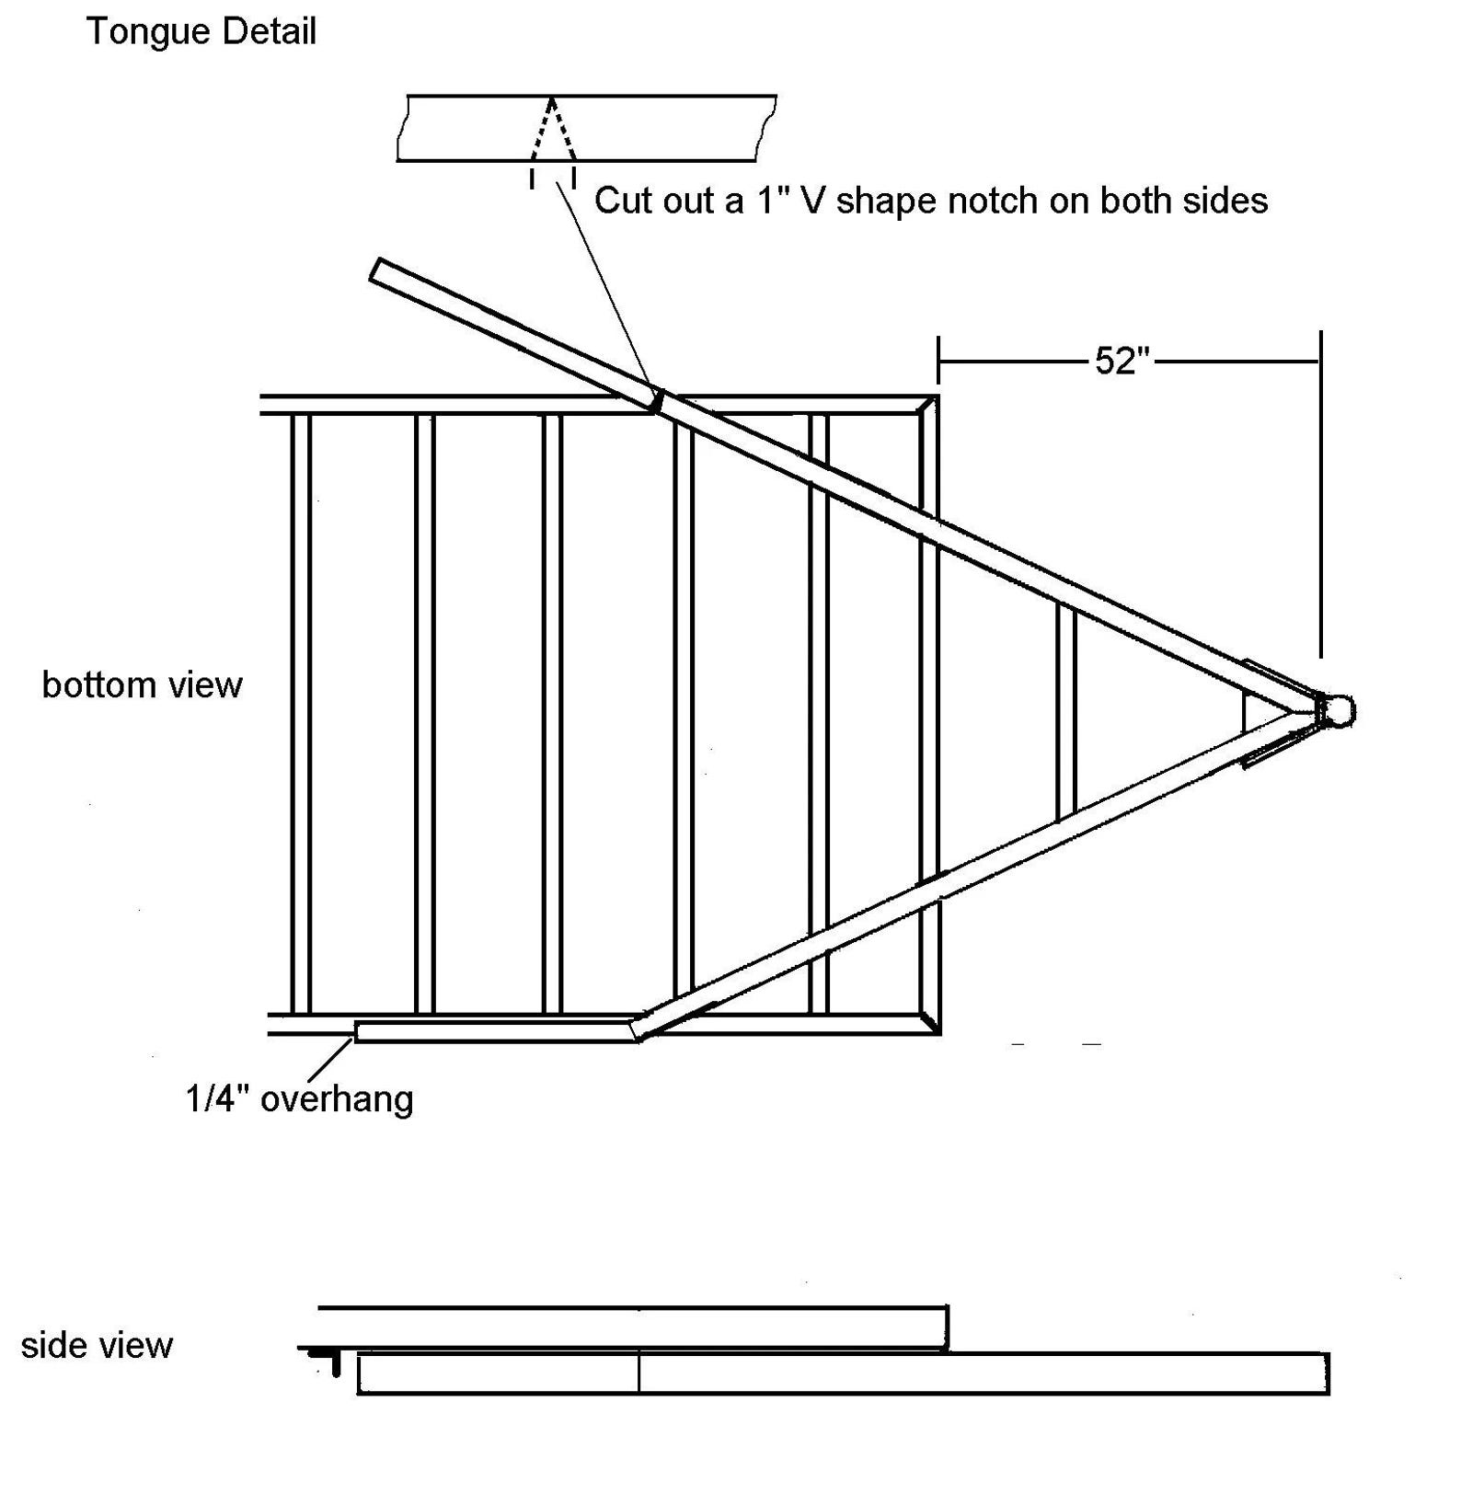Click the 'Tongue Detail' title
pyautogui.click(x=201, y=32)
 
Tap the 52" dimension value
pyautogui.click(x=1122, y=362)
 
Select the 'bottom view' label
pyautogui.click(x=143, y=685)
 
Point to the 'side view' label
pyautogui.click(x=97, y=1346)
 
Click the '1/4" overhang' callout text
pyautogui.click(x=299, y=1099)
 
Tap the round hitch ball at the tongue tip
pyautogui.click(x=1340, y=710)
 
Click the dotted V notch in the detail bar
pyautogui.click(x=552, y=133)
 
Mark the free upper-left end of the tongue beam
pyautogui.click(x=378, y=269)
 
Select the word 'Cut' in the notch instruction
pyautogui.click(x=617, y=201)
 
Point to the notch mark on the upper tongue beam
pyautogui.click(x=656, y=400)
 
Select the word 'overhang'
pyautogui.click(x=338, y=1099)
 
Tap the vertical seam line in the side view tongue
pyautogui.click(x=638, y=1373)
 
